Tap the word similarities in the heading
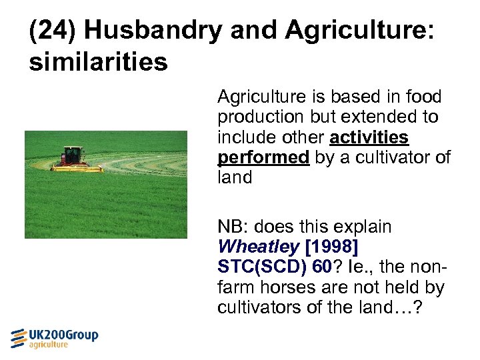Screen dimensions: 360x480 [x=98, y=61]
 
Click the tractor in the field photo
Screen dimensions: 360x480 [x=73, y=158]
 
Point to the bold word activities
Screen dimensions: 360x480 [x=369, y=137]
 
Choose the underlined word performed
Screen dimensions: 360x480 [x=263, y=157]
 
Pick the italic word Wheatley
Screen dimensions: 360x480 [x=258, y=247]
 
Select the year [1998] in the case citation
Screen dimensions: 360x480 [x=331, y=247]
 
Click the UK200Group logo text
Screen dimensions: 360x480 [x=64, y=335]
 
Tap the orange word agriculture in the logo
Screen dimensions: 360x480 [x=49, y=345]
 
